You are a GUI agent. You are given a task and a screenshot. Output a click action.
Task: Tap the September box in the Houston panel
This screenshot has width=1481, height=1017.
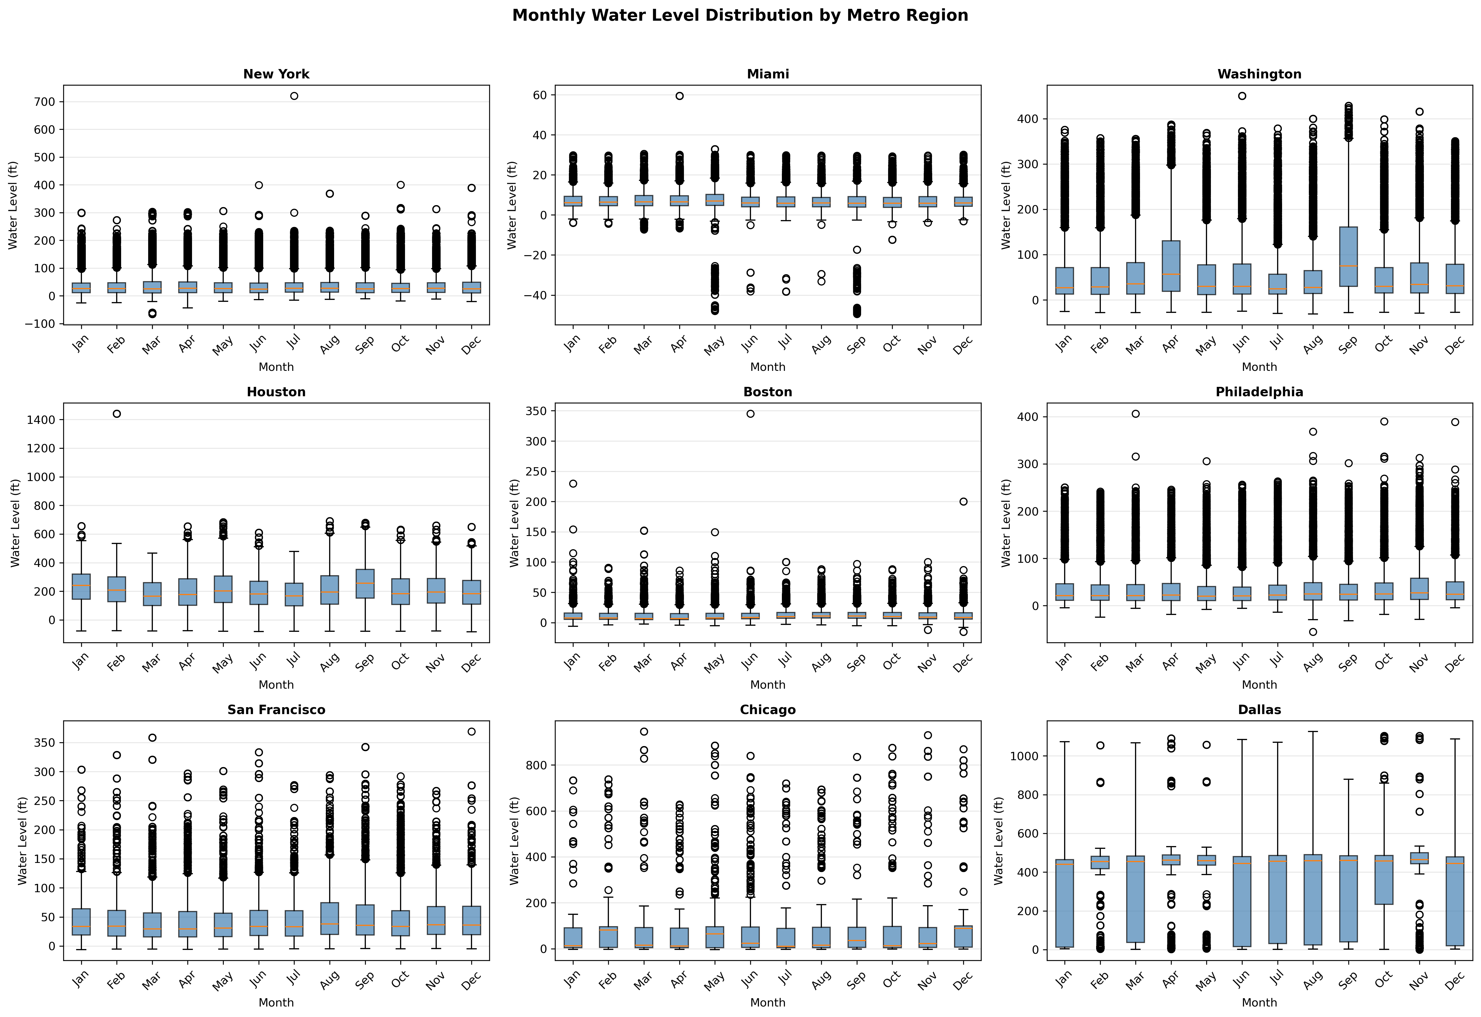pyautogui.click(x=364, y=583)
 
